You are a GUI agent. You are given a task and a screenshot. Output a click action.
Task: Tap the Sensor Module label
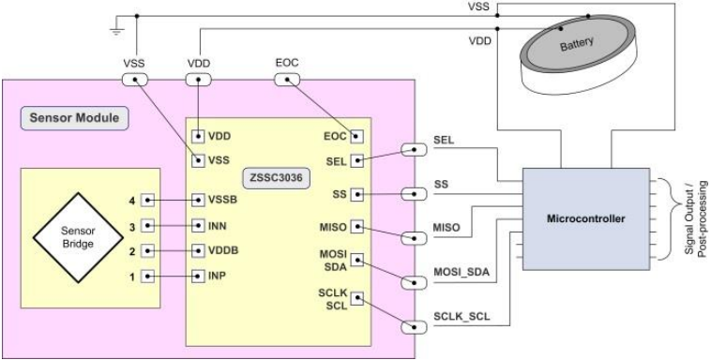click(x=74, y=121)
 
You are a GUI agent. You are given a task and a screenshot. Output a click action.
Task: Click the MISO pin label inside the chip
click(x=336, y=227)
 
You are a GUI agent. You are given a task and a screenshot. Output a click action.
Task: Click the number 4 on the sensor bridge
click(x=134, y=200)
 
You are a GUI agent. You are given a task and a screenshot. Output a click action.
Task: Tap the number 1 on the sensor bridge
click(x=134, y=277)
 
